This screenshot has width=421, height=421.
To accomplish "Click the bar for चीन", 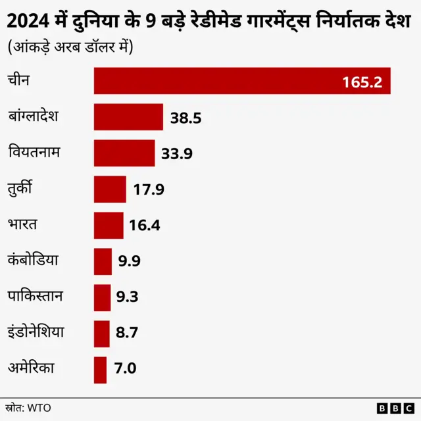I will [x=242, y=81].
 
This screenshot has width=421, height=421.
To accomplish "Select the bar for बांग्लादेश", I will [x=128, y=117].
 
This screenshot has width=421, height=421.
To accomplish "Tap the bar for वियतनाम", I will [x=124, y=153].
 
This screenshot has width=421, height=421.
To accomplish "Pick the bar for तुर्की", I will [x=110, y=189].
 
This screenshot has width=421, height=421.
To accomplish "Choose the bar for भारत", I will [x=109, y=226].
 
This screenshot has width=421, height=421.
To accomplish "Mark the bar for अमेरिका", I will [x=100, y=370].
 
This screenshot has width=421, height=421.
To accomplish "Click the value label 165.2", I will [x=362, y=82].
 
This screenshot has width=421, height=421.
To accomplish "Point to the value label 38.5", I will [x=186, y=118].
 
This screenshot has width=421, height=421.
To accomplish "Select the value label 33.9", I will [x=177, y=155].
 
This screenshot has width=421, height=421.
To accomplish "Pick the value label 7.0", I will [x=125, y=369].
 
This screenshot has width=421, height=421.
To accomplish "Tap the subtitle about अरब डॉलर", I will [x=70, y=48].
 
